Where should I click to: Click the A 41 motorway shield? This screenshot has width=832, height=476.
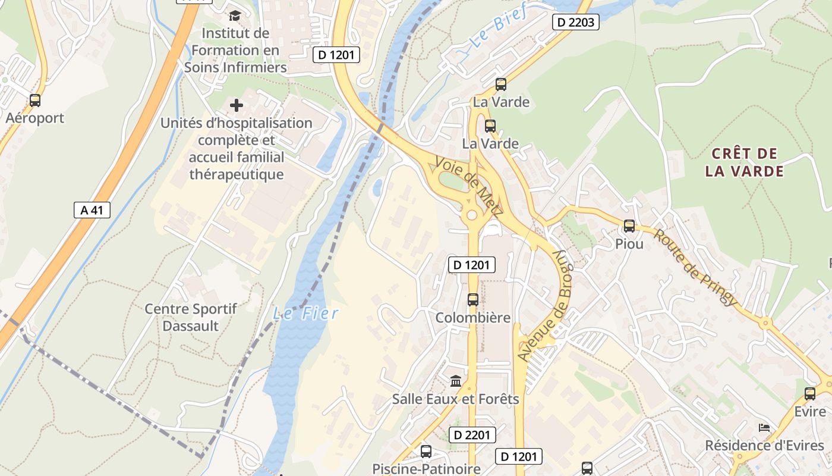click(x=92, y=209)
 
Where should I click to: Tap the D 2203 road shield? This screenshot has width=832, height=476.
click(x=575, y=23)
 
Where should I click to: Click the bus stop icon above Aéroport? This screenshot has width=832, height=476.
click(x=35, y=101)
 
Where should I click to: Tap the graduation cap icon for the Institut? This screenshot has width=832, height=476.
click(x=235, y=15)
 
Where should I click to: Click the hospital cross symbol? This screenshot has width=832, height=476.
click(x=237, y=106)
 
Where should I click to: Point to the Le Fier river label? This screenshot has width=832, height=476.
click(x=305, y=313)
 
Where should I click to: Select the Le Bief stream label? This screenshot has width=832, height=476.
click(x=498, y=29)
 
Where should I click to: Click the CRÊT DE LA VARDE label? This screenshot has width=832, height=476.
click(x=745, y=162)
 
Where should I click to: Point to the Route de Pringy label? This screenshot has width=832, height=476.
click(x=695, y=267)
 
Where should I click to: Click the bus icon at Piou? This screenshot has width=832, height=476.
click(x=629, y=226)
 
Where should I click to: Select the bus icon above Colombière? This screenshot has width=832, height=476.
click(x=473, y=300)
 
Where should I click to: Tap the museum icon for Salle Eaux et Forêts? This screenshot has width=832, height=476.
click(x=456, y=381)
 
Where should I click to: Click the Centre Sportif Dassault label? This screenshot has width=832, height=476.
click(x=191, y=317)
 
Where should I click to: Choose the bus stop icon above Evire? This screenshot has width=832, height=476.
click(x=810, y=394)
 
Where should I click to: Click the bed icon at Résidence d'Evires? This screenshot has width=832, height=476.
click(x=764, y=428)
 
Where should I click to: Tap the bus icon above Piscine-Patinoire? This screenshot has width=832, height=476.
click(x=426, y=452)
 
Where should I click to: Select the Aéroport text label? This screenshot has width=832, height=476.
click(x=35, y=118)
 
